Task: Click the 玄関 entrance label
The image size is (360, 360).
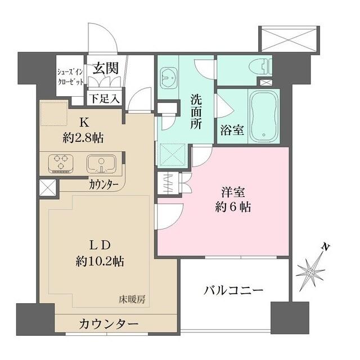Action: pos(105,69)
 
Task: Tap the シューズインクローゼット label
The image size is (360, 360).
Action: pos(71,77)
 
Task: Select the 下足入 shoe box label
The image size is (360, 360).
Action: pos(105,99)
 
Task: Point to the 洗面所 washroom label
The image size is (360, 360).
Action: pos(196,111)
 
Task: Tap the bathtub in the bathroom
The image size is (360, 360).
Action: pos(261,117)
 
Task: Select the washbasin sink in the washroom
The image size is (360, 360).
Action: pos(168,74)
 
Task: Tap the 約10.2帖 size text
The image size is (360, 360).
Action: pos(101,262)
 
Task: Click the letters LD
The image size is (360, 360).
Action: pos(101,245)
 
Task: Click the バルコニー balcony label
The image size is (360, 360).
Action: pos(233,291)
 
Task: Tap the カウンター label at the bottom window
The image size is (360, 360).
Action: pos(109,324)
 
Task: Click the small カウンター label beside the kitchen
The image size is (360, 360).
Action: pos(103,184)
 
